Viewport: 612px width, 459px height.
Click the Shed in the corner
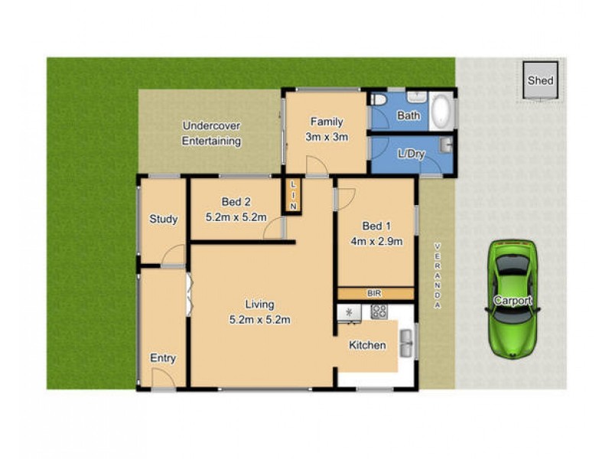[539, 80]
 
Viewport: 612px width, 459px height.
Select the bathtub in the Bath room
[441, 112]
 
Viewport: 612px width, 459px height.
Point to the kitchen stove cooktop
[379, 311]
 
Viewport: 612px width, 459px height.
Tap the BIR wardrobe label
[375, 293]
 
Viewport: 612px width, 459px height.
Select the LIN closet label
[291, 195]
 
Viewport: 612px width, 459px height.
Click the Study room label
[163, 220]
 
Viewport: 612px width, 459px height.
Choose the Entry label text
[163, 358]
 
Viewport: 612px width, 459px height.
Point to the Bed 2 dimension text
[236, 217]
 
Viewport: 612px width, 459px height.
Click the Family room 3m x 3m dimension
[327, 138]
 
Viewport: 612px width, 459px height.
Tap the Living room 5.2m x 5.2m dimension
[260, 320]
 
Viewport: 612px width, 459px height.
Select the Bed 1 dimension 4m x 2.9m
[376, 242]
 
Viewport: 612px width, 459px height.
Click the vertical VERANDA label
[438, 275]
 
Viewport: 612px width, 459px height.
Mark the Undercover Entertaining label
[211, 133]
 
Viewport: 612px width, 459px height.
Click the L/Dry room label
[411, 153]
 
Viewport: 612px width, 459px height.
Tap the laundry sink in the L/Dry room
[447, 143]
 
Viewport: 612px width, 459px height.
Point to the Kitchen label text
[367, 346]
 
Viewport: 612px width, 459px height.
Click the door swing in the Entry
[161, 378]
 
